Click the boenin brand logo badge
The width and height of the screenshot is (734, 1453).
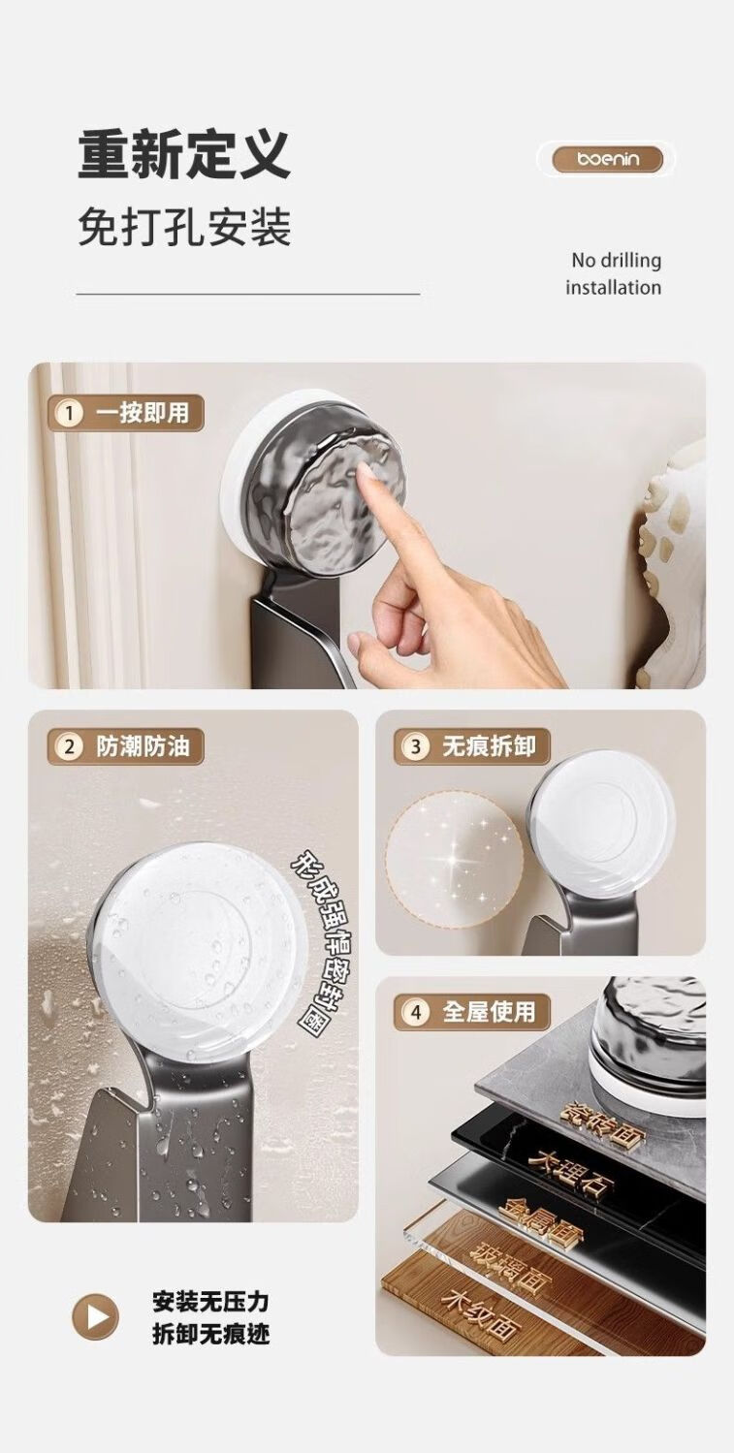(607, 159)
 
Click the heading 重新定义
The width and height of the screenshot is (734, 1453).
(184, 155)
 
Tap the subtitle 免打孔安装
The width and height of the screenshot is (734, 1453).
(185, 227)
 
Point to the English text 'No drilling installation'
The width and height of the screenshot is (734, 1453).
(614, 273)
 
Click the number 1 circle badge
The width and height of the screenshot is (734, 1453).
(70, 413)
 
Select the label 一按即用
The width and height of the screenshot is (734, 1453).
(143, 413)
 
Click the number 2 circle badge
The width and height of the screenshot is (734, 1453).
(70, 747)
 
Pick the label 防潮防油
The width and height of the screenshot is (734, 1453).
(143, 746)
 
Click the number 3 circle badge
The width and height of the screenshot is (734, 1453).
(416, 746)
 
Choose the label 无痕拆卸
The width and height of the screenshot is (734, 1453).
(490, 746)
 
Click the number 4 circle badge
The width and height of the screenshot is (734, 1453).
(416, 1012)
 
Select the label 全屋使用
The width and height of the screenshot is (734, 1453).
(490, 1011)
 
